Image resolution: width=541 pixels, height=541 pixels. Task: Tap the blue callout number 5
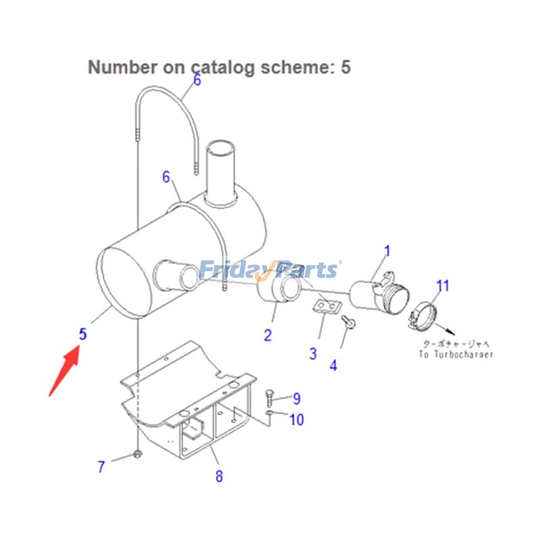click(83, 334)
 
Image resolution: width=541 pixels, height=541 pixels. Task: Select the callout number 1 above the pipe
click(387, 252)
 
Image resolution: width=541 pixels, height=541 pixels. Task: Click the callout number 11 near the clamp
click(442, 285)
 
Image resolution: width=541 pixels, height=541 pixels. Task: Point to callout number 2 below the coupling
click(268, 334)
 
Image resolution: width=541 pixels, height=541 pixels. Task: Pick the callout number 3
click(313, 353)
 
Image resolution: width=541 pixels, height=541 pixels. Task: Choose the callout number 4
click(333, 366)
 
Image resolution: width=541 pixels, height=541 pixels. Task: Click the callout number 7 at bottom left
click(101, 466)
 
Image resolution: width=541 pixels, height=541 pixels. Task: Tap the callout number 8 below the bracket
click(218, 476)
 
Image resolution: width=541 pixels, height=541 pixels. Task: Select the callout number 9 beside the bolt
click(296, 399)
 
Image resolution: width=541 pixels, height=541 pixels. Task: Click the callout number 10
click(296, 420)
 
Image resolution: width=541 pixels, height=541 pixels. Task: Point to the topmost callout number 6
click(197, 80)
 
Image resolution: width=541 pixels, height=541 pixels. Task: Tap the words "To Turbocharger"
click(455, 354)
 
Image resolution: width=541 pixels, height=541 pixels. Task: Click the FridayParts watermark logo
click(269, 270)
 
